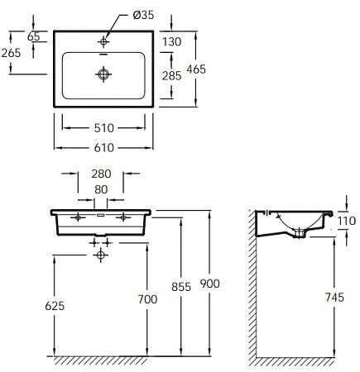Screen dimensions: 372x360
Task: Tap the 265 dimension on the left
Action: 11,53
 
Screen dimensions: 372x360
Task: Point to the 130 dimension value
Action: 172,43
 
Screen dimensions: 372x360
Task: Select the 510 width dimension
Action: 104,128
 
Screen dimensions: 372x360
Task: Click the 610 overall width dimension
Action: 104,147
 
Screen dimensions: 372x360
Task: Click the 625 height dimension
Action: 30,305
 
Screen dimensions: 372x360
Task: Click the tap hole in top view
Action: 104,40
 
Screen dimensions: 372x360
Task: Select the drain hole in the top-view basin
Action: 104,74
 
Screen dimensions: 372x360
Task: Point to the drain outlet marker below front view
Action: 101,255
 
